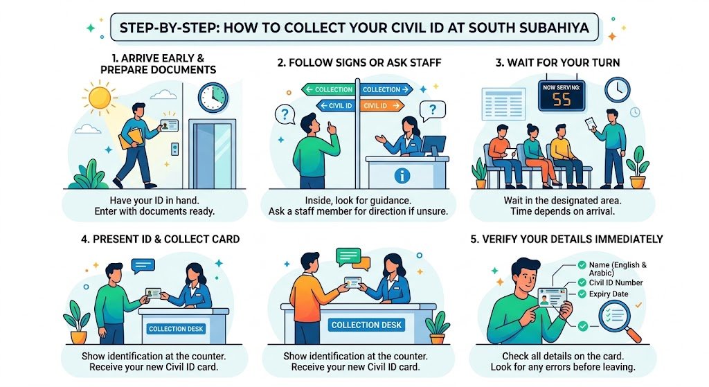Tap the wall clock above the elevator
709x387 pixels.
[213, 97]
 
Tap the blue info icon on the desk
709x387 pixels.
[401, 175]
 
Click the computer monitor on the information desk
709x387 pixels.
[434, 146]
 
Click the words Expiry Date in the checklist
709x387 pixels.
[609, 294]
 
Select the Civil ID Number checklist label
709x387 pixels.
[616, 282]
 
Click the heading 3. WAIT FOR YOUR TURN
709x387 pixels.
[557, 63]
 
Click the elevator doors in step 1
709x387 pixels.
[213, 156]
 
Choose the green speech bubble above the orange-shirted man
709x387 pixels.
[348, 255]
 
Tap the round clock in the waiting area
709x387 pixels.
[616, 89]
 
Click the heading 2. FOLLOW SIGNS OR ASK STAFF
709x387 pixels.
[359, 63]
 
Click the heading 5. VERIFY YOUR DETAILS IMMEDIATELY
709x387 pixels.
[567, 240]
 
